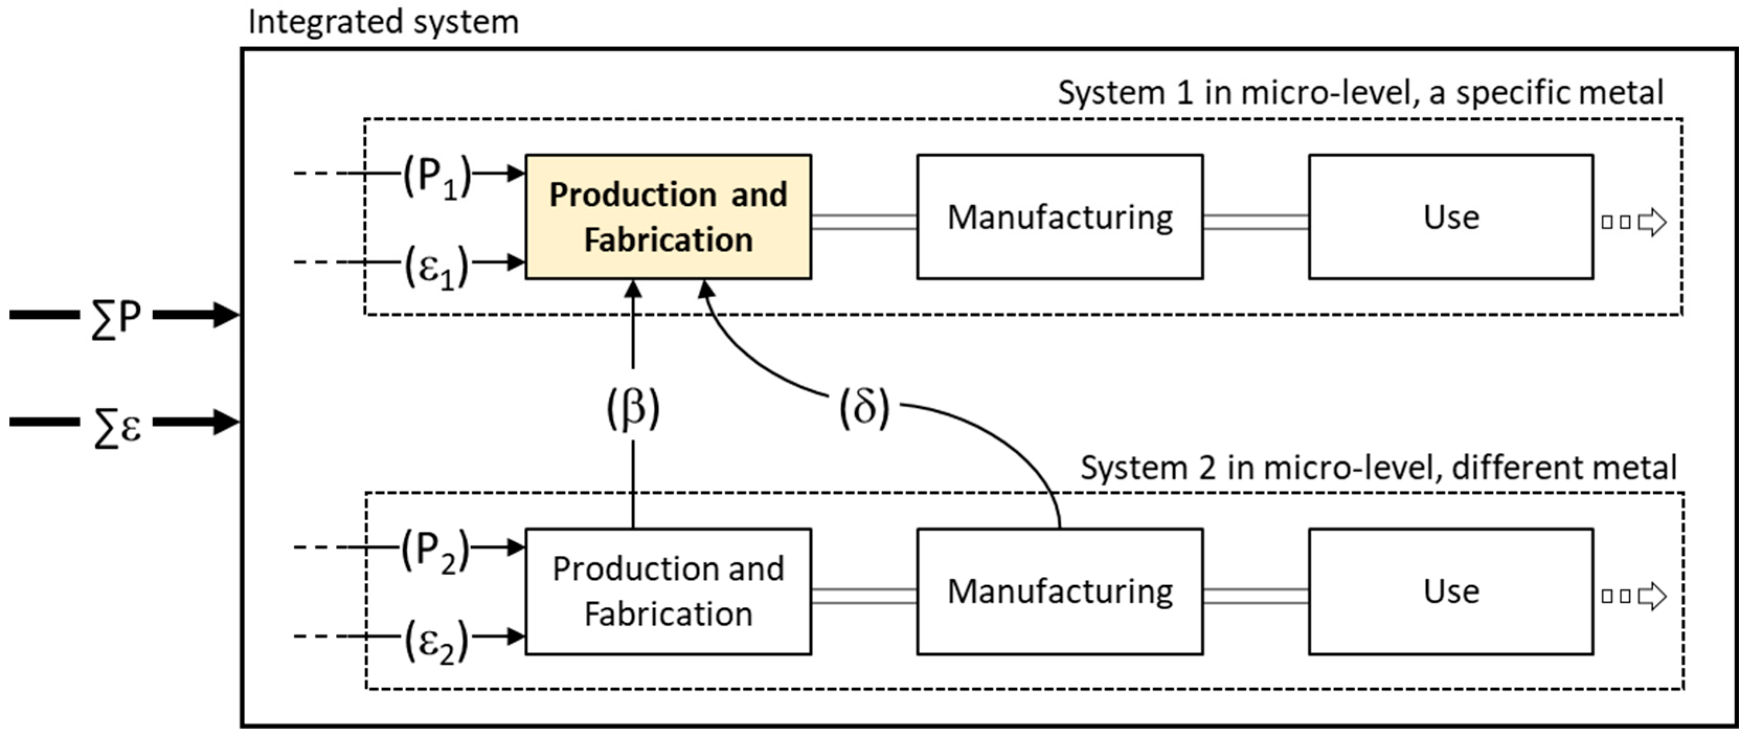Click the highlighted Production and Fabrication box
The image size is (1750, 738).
pos(668,217)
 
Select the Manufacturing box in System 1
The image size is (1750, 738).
pos(1059,217)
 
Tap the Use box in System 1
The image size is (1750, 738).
pos(1450,217)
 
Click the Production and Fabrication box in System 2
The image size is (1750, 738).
pos(668,591)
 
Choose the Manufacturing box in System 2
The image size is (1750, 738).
pos(1059,591)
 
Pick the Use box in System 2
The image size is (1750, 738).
pos(1450,591)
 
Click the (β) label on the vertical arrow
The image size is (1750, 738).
pos(632,408)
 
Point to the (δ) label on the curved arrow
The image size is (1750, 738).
pos(863,408)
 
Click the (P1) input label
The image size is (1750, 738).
pos(437,176)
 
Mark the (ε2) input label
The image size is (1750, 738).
pos(437,640)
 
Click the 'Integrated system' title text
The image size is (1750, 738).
pos(383,22)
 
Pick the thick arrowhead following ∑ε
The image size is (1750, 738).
pos(224,421)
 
